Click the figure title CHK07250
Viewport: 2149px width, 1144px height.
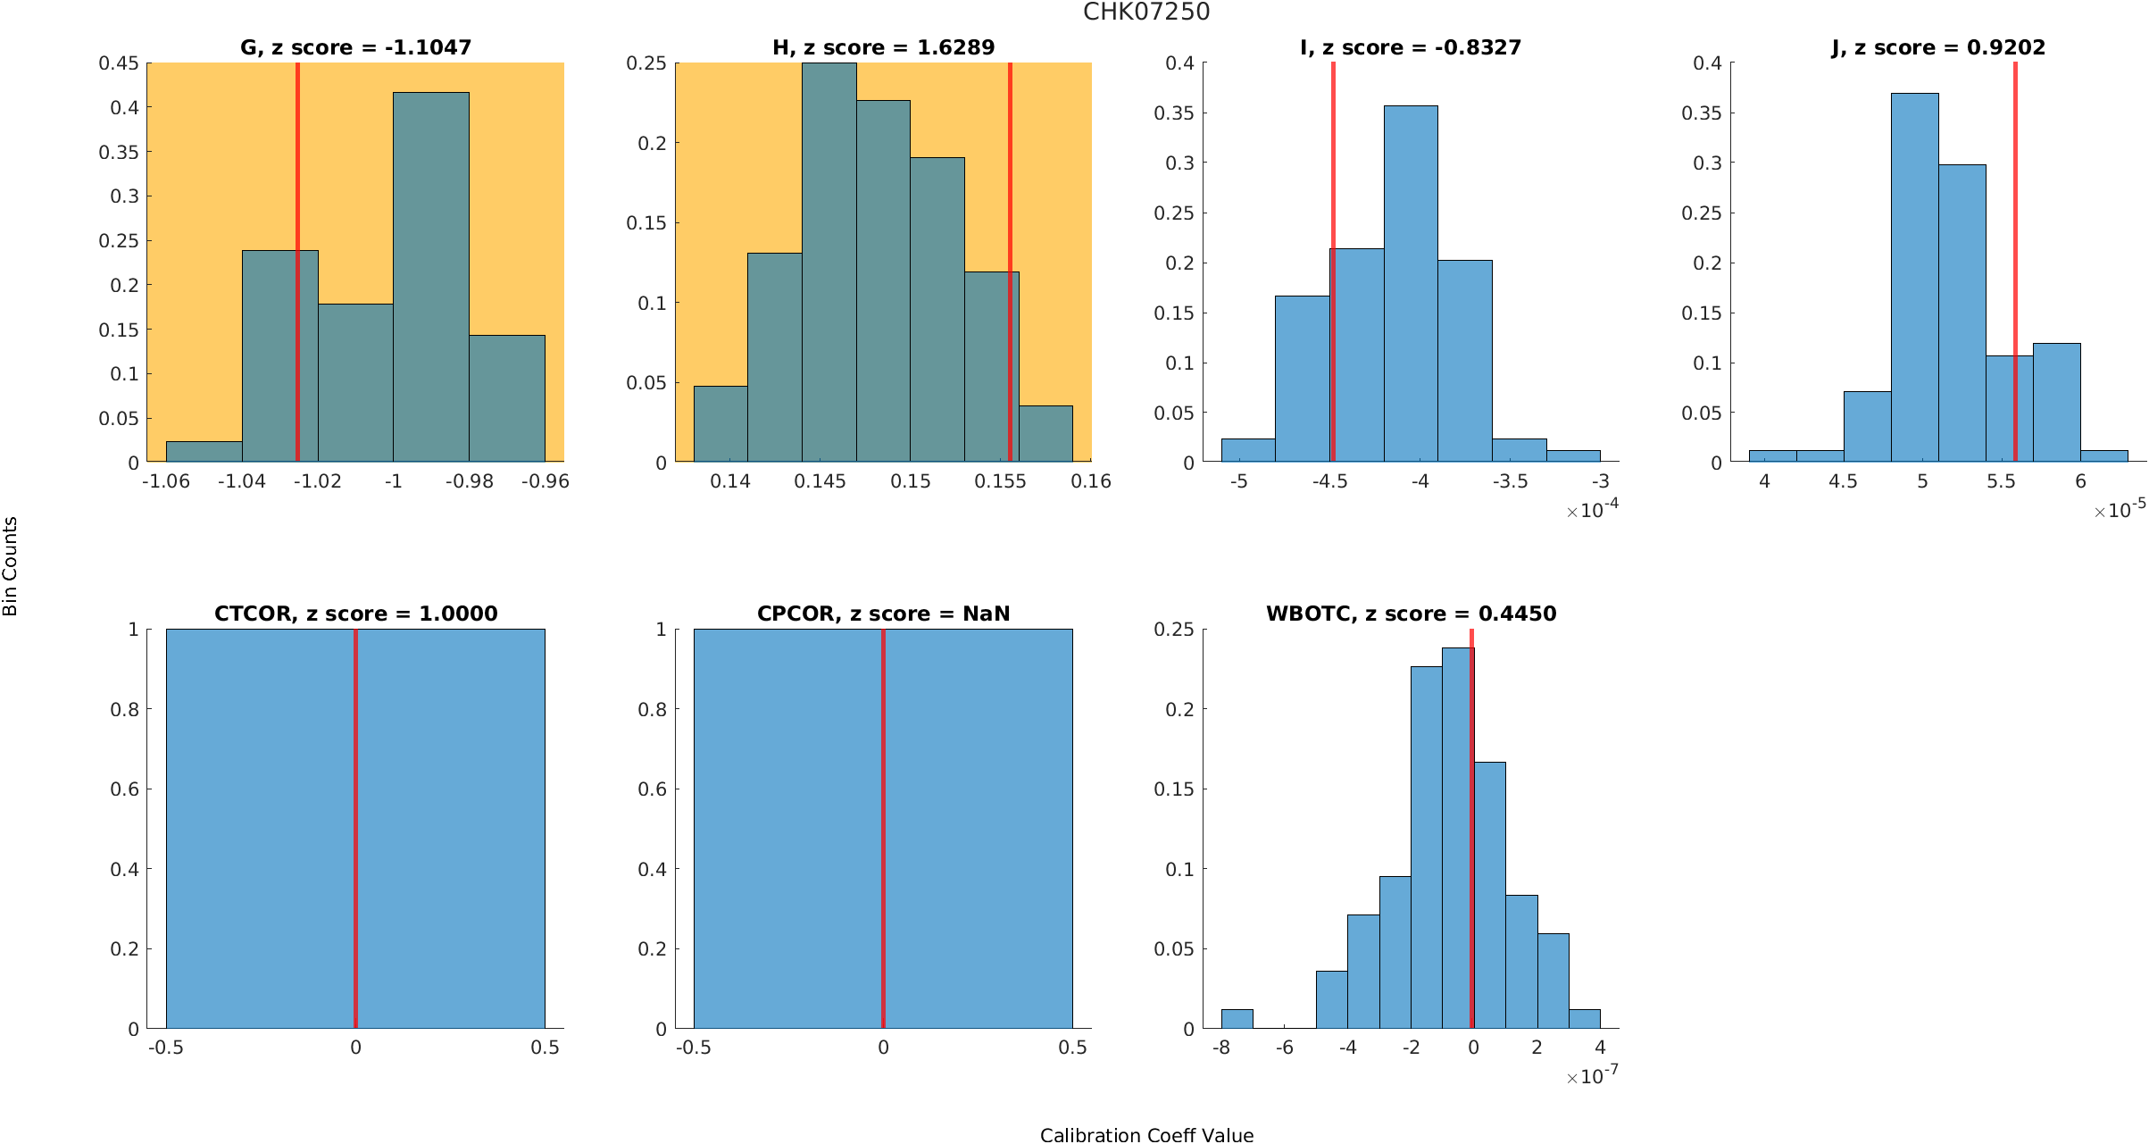point(1146,12)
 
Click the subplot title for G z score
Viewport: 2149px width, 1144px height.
point(355,47)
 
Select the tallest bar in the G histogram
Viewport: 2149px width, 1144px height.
point(431,277)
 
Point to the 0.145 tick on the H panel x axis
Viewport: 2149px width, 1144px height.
point(820,481)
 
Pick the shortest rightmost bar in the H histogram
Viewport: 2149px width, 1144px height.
point(1045,434)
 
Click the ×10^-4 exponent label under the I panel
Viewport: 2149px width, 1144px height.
point(1593,510)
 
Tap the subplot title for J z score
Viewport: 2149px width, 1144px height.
point(1938,47)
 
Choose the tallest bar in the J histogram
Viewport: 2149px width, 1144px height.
point(1914,277)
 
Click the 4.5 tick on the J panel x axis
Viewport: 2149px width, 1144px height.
point(1843,481)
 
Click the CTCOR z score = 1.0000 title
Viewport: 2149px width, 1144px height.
point(355,614)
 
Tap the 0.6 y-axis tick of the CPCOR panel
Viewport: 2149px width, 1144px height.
point(652,789)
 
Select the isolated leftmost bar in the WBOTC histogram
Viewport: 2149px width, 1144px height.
point(1237,1019)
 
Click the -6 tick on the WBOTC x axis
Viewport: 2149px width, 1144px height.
point(1284,1048)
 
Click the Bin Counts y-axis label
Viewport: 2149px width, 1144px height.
point(10,566)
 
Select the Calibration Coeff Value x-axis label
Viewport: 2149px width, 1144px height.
point(1146,1135)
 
